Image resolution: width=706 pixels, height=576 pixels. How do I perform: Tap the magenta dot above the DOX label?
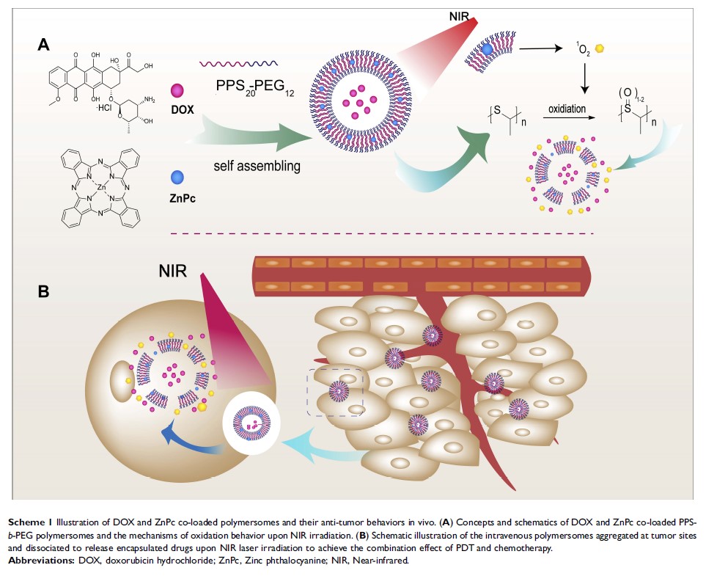pos(176,91)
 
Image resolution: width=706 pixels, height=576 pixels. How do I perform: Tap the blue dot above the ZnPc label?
pos(176,177)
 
